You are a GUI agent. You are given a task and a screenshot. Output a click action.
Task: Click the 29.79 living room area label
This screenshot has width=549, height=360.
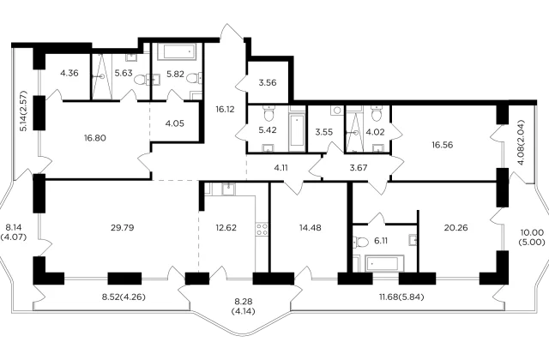pyautogui.click(x=123, y=228)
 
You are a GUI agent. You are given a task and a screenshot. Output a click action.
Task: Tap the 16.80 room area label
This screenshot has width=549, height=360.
pyautogui.click(x=95, y=138)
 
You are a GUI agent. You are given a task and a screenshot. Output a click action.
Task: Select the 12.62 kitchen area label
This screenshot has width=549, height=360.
pyautogui.click(x=226, y=228)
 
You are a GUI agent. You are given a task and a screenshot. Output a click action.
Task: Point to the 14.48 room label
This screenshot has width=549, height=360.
pyautogui.click(x=311, y=228)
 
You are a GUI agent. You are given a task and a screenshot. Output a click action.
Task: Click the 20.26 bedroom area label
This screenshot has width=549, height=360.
pyautogui.click(x=455, y=228)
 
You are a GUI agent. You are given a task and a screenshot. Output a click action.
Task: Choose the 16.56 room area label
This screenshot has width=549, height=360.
pyautogui.click(x=443, y=145)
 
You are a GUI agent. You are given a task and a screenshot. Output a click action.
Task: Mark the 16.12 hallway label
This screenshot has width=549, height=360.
pyautogui.click(x=225, y=110)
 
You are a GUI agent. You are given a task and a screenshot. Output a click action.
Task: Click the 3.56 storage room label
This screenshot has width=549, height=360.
pyautogui.click(x=268, y=83)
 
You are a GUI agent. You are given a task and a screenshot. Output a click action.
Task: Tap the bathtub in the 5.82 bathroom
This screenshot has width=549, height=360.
pyautogui.click(x=175, y=51)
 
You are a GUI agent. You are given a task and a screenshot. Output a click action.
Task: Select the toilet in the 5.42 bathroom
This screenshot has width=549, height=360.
pyautogui.click(x=269, y=112)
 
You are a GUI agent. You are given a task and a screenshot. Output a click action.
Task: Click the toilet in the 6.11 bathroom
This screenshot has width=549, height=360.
pyautogui.click(x=360, y=242)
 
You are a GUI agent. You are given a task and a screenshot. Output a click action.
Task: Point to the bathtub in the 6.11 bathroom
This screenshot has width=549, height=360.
pyautogui.click(x=384, y=263)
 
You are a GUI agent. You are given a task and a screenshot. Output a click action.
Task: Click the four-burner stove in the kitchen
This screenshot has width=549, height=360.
pyautogui.click(x=262, y=230)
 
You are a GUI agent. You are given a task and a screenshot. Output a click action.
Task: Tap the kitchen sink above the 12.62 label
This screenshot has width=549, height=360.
pyautogui.click(x=229, y=189)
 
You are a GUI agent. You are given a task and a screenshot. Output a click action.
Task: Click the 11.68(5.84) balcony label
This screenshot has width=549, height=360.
pyautogui.click(x=401, y=297)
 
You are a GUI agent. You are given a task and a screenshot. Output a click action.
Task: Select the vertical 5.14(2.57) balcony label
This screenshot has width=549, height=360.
pyautogui.click(x=23, y=111)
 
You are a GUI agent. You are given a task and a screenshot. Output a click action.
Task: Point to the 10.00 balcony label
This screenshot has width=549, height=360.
pyautogui.click(x=532, y=232)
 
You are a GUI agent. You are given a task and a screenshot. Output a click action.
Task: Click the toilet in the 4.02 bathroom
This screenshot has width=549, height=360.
pyautogui.click(x=376, y=113)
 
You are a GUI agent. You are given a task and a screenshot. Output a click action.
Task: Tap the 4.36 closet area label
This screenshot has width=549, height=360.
pyautogui.click(x=69, y=74)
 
